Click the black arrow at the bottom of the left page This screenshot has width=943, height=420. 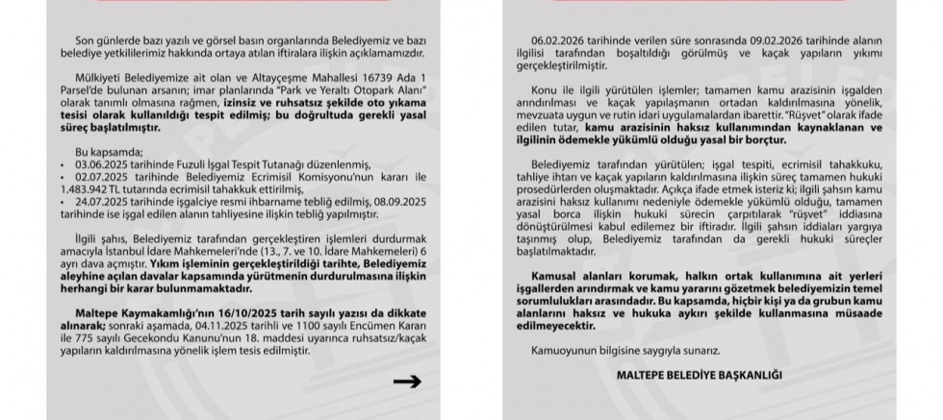(408, 382)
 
